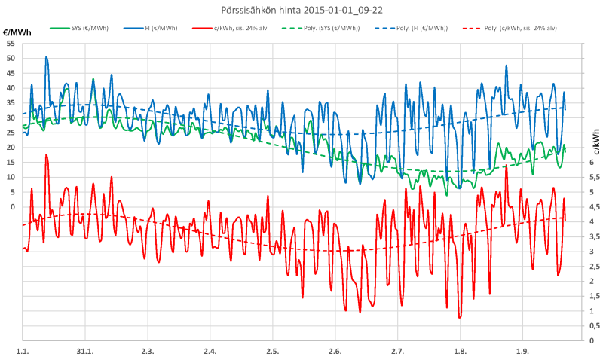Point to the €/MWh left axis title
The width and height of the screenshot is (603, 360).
[x=17, y=34]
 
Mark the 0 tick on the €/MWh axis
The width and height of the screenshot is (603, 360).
[x=12, y=206]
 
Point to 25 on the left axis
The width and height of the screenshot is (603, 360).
[x=10, y=133]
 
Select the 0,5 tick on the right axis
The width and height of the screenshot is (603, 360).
[x=594, y=325]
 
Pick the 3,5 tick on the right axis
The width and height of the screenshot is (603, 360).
[x=594, y=236]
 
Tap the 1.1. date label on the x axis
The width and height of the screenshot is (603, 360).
[x=23, y=351]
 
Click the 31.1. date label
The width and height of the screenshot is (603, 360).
[x=85, y=351]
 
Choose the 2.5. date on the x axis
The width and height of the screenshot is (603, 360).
[x=272, y=351]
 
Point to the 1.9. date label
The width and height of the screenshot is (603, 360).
[x=522, y=351]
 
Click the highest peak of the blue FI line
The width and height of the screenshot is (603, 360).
[x=46, y=56]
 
